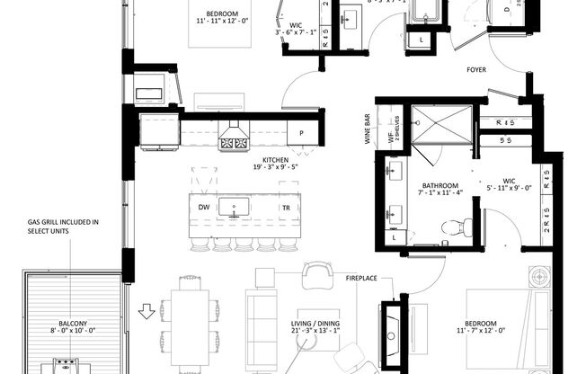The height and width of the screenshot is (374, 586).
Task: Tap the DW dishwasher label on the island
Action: [x=203, y=207]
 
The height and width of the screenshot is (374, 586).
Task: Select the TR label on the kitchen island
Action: [x=285, y=207]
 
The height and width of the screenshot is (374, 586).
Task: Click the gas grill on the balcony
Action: [x=67, y=363]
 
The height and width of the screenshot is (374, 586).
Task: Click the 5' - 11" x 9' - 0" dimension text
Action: [x=509, y=188]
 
